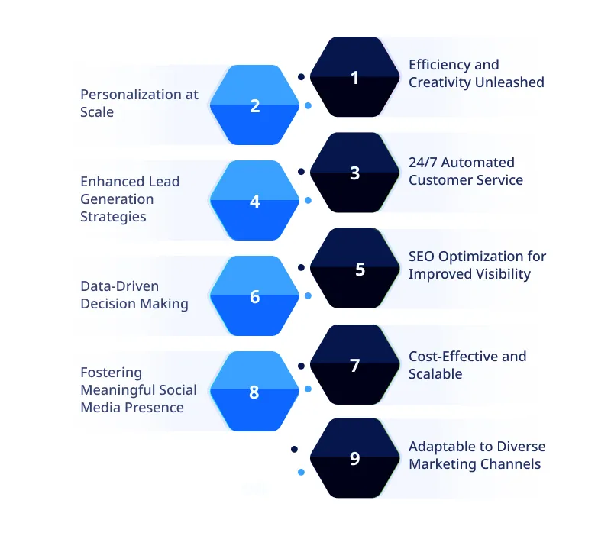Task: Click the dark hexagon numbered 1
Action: pos(354,77)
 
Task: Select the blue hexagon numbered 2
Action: pos(255,105)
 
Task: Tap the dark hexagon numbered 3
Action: pos(354,173)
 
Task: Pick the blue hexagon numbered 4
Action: pos(255,202)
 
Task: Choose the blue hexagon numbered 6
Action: pos(255,296)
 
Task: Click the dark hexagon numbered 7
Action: pos(354,365)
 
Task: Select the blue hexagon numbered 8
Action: pos(255,392)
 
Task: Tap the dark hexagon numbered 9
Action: pos(354,458)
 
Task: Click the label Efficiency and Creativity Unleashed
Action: pos(476,73)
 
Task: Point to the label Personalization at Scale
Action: pos(139,103)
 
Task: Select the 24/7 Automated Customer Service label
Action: pos(465,171)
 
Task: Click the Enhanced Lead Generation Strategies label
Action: pos(130,199)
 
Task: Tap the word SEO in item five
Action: pos(422,257)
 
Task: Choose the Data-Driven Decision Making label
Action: pos(134,295)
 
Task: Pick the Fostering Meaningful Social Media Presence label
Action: pos(138,390)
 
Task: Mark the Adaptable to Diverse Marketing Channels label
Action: pos(477,455)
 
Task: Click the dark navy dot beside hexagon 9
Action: pos(294,450)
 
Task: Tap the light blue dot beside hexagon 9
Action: pos(301,473)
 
